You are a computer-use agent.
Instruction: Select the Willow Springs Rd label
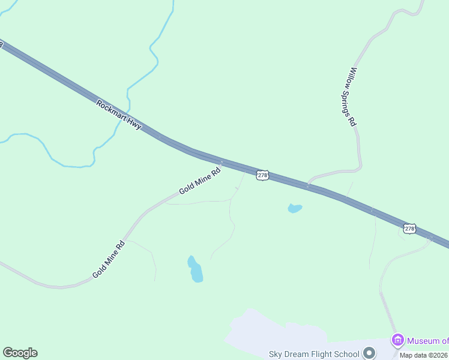[354, 96]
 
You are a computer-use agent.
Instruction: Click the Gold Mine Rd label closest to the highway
[200, 182]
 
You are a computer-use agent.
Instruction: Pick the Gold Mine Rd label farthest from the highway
[109, 259]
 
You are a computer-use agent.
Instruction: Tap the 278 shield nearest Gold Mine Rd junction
[262, 175]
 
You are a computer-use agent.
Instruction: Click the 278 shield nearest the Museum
[409, 229]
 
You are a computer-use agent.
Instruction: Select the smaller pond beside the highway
[294, 209]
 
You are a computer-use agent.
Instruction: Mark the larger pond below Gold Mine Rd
[195, 270]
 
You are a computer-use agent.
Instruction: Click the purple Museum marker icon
[397, 340]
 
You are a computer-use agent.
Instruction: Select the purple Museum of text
[427, 341]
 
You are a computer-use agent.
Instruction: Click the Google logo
[20, 353]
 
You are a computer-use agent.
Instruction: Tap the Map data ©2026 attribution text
[423, 355]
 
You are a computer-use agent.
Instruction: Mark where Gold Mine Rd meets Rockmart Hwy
[223, 162]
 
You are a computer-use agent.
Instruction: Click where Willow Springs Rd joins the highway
[308, 185]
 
